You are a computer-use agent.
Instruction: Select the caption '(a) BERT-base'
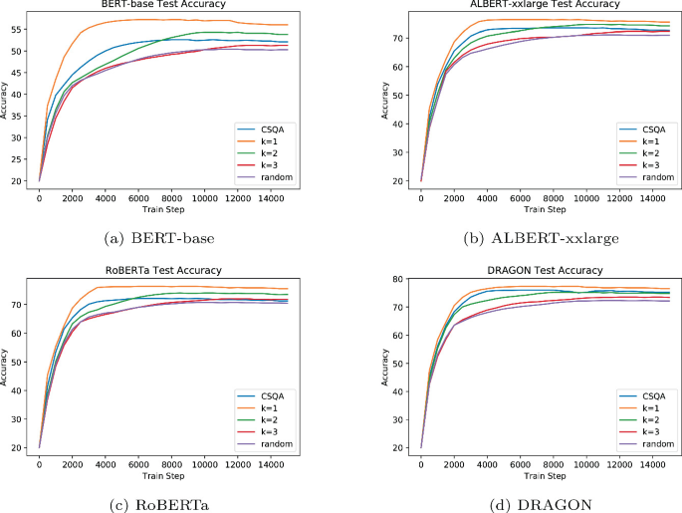[x=163, y=236]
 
